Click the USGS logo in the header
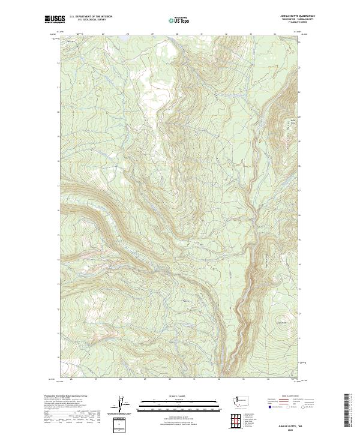click(x=55, y=19)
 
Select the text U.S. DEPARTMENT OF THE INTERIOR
click(x=91, y=17)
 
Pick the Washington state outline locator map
click(x=243, y=400)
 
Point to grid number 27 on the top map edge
click(x=103, y=34)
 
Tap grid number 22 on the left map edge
click(x=58, y=63)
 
